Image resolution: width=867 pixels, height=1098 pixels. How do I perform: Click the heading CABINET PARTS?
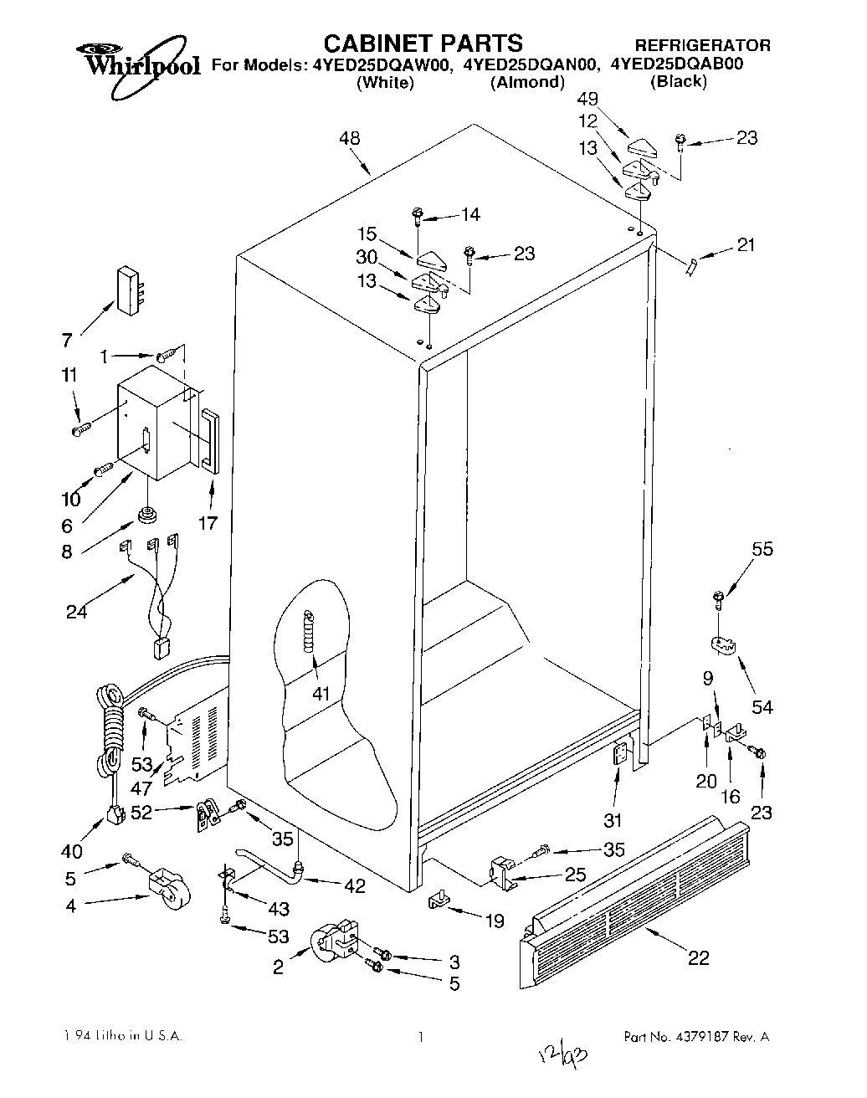[x=423, y=44]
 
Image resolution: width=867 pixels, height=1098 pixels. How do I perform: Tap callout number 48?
[x=351, y=138]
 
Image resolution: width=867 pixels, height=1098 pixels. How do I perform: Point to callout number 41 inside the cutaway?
[x=321, y=693]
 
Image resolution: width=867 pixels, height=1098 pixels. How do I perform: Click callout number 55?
[x=762, y=550]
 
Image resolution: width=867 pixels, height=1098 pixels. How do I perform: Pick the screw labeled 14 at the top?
[x=417, y=215]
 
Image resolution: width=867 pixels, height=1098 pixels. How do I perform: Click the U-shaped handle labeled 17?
[x=208, y=439]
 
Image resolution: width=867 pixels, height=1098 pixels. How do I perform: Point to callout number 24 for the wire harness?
[x=76, y=612]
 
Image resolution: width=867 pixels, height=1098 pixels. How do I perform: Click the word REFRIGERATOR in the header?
[x=702, y=45]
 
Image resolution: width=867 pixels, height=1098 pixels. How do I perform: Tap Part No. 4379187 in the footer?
[x=695, y=1036]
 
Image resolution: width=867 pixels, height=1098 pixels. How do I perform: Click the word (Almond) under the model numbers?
[x=526, y=82]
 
